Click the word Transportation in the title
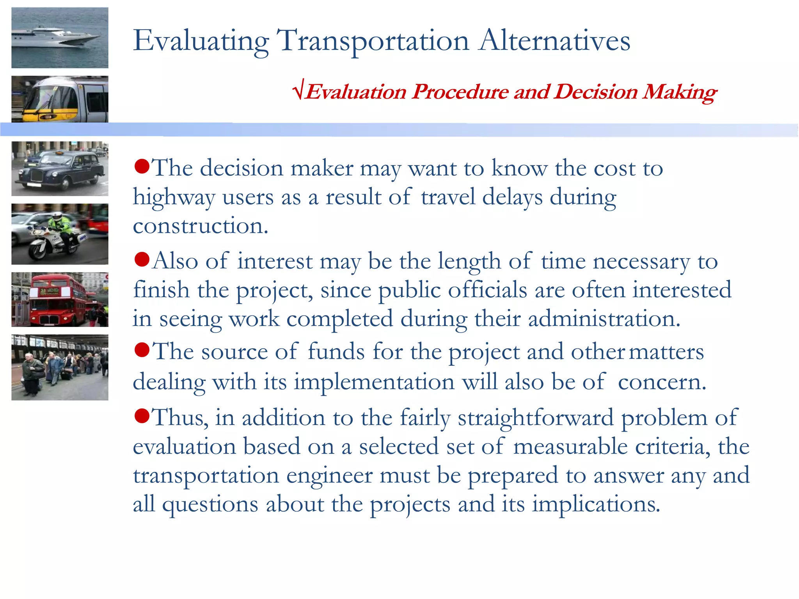pyautogui.click(x=373, y=41)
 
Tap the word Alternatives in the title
pyautogui.click(x=554, y=40)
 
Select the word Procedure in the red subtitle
pyautogui.click(x=460, y=92)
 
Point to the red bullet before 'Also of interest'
pyautogui.click(x=142, y=259)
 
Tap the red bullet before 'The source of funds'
pyautogui.click(x=142, y=350)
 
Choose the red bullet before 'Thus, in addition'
pyautogui.click(x=142, y=416)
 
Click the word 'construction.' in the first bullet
pyautogui.click(x=201, y=226)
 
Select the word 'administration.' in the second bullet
pyautogui.click(x=604, y=319)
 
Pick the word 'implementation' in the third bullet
pyautogui.click(x=374, y=381)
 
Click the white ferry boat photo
pyautogui.click(x=60, y=38)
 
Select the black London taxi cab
pyautogui.click(x=62, y=170)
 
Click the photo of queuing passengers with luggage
pyautogui.click(x=60, y=367)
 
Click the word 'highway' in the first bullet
pyautogui.click(x=174, y=197)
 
